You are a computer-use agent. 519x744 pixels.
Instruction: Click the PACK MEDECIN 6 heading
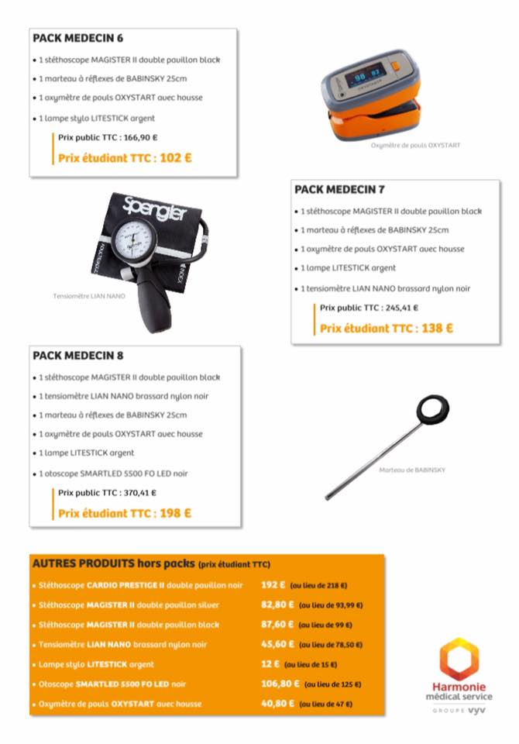point(77,38)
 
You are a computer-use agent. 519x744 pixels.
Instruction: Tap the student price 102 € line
point(125,158)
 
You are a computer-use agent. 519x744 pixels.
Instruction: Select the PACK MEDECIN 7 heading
point(339,189)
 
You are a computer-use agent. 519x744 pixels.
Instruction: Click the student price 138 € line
point(387,328)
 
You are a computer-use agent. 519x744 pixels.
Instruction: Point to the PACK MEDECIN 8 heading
point(77,356)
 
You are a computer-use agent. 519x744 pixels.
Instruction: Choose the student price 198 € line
point(125,512)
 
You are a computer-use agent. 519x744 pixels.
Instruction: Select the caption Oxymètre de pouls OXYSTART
point(415,145)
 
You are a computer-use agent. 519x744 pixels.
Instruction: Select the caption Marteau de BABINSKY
point(412,470)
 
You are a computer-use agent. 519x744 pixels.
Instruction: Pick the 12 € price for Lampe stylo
point(270,664)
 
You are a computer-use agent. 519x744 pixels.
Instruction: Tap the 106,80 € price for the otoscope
point(279,684)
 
